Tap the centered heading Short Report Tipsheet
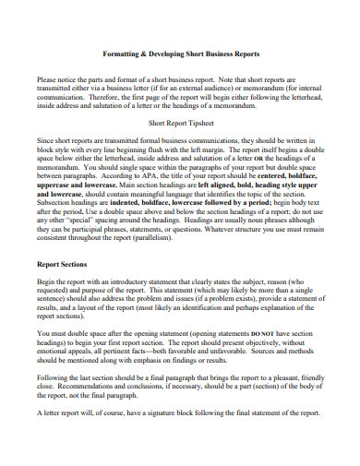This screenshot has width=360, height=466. click(x=180, y=121)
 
